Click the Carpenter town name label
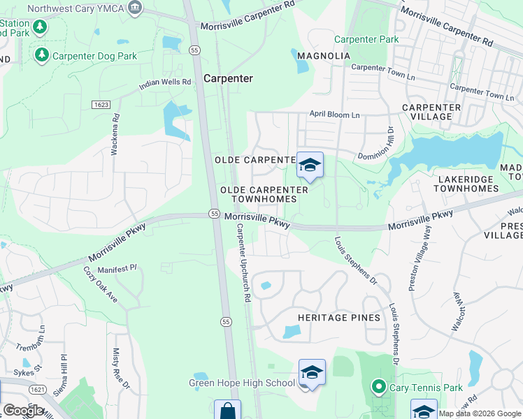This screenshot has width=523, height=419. coord(228,79)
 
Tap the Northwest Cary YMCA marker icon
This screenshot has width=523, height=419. coord(136,8)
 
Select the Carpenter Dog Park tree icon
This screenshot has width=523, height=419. coord(41,54)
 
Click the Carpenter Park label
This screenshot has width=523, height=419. coord(366,40)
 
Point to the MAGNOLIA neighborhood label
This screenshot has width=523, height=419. coord(324,56)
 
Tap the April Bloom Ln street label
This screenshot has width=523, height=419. coord(335,114)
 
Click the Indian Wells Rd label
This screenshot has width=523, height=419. coord(165,82)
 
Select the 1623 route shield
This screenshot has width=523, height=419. coord(100,105)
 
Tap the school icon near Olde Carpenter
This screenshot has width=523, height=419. coord(310,165)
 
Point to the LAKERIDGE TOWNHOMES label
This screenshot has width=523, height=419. coord(466,184)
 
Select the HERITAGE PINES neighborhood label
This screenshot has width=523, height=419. coord(339,318)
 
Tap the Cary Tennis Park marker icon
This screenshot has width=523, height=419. coord(379,385)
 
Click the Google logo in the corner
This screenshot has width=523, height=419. coord(23,411)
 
